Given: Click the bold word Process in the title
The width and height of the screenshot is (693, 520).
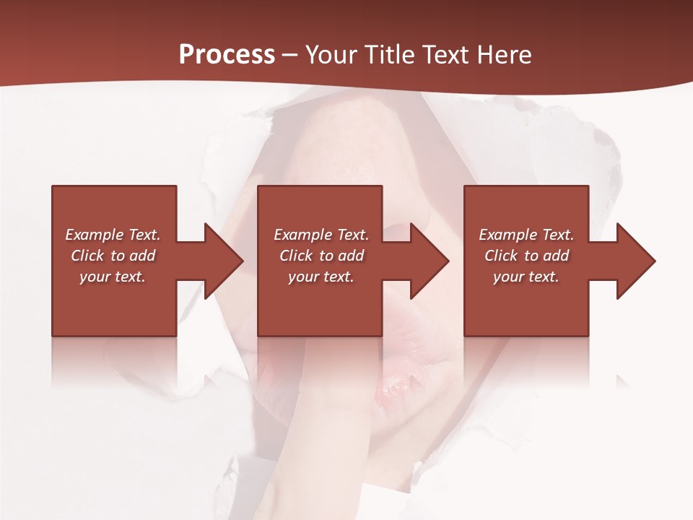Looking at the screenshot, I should [227, 55].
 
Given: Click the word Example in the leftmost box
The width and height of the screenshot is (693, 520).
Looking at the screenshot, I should [94, 235].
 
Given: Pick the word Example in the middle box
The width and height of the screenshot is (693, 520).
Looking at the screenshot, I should [302, 235].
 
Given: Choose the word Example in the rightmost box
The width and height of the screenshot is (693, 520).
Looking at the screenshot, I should [507, 235].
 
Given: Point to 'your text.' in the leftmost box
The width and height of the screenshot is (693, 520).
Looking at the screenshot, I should [113, 277].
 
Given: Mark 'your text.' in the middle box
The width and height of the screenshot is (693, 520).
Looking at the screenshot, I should [321, 277].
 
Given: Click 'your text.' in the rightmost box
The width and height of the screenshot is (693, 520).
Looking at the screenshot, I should [526, 277].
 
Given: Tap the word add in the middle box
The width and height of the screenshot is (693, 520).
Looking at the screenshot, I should [351, 256].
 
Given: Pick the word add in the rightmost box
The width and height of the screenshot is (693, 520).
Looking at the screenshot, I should [556, 256].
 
